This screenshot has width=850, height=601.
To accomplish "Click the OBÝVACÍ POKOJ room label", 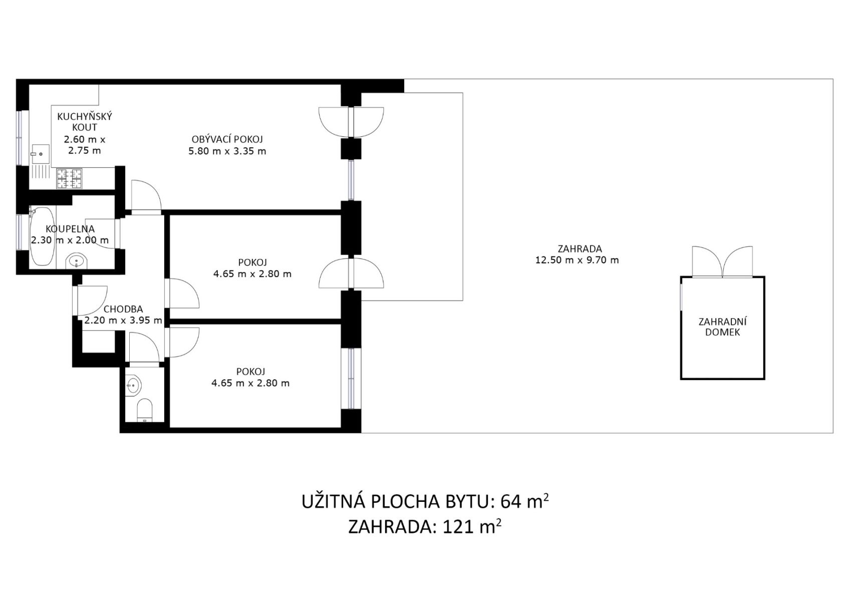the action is (x=227, y=139).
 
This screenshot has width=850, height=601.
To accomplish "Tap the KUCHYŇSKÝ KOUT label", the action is (x=85, y=122).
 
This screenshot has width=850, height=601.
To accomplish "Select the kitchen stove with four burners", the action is (x=69, y=178).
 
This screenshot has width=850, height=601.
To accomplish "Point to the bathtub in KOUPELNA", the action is (x=43, y=235).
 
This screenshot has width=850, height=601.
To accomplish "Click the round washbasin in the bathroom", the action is (x=76, y=261).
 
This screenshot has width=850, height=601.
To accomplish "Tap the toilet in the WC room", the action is (x=144, y=410).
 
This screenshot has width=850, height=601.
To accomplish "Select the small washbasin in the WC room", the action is (x=133, y=386).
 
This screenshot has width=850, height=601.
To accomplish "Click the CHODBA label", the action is (x=123, y=309).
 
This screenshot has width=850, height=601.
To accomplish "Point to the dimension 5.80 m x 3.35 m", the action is (x=227, y=151).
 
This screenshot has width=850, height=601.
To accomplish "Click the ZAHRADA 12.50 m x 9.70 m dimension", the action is (x=577, y=260).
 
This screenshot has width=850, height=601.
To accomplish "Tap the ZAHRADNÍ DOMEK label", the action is (x=722, y=327).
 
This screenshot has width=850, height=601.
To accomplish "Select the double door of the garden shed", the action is (x=722, y=262).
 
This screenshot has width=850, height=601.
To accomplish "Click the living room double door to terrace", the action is (x=351, y=122).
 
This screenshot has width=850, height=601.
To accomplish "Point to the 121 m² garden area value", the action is (x=472, y=527).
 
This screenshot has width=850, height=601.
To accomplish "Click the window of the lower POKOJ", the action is (x=351, y=379).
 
